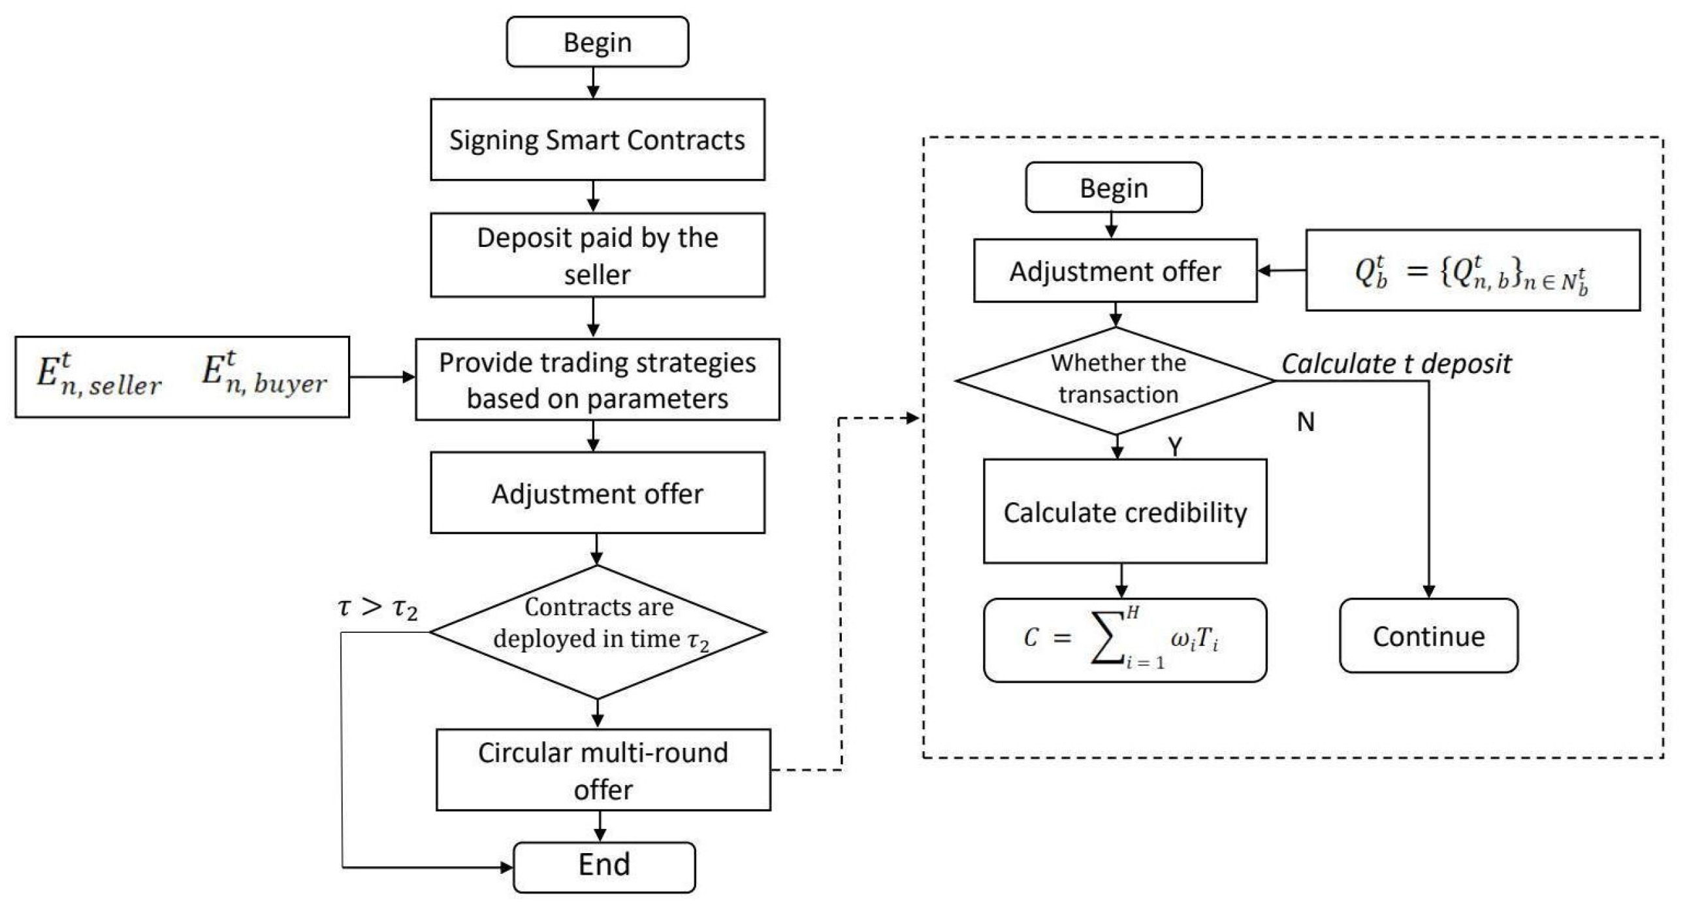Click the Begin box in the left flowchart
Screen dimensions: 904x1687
596,42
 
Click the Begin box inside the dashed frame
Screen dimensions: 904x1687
1114,188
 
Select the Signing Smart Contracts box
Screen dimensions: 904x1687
596,140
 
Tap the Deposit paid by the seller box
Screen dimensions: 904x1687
596,255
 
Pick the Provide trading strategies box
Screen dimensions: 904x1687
596,379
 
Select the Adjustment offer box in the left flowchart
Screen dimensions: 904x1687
596,492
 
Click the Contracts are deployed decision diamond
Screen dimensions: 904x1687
596,632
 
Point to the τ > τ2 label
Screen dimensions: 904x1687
378,607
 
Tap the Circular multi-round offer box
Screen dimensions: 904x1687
602,769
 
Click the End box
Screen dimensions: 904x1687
604,866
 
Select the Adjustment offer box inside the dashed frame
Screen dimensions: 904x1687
1115,270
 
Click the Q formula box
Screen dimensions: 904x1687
1471,270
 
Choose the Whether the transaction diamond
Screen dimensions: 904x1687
1116,380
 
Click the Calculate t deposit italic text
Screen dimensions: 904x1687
1396,364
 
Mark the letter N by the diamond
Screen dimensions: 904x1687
1305,422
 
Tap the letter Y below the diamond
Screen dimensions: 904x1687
1175,446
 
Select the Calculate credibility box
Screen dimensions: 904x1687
1125,511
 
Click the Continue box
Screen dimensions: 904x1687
1428,636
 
